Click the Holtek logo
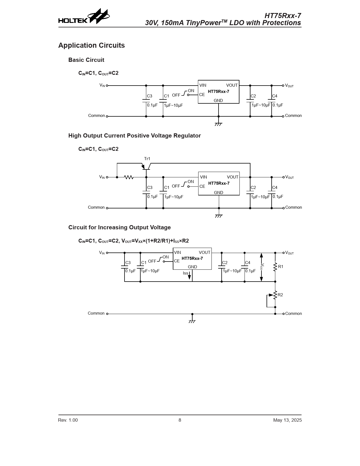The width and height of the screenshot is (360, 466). (x=84, y=16)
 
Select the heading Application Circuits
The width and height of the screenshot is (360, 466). (x=91, y=45)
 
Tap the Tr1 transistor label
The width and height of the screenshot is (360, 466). (x=147, y=159)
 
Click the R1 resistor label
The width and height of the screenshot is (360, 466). (x=281, y=267)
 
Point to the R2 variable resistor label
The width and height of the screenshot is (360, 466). (x=280, y=295)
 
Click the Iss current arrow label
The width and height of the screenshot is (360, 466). (x=186, y=273)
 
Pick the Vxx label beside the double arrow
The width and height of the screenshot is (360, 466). (x=262, y=267)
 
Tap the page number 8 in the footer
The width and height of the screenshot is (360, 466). (x=180, y=420)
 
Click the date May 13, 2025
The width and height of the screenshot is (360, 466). (x=287, y=420)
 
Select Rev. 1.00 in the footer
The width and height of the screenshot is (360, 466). (x=68, y=420)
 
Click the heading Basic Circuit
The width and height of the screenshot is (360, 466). (x=86, y=60)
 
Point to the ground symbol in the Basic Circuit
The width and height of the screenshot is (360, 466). (x=219, y=124)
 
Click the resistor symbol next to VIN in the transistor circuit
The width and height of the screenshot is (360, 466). (x=129, y=177)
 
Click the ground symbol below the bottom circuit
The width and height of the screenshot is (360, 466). (x=192, y=321)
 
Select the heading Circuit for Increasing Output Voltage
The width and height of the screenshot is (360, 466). (x=119, y=227)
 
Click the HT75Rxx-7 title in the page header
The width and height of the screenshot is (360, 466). (x=283, y=16)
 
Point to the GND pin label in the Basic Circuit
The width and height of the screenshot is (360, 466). (x=218, y=100)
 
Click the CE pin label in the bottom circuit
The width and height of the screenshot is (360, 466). (x=177, y=261)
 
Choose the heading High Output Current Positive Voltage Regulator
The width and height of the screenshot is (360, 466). (x=134, y=136)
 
